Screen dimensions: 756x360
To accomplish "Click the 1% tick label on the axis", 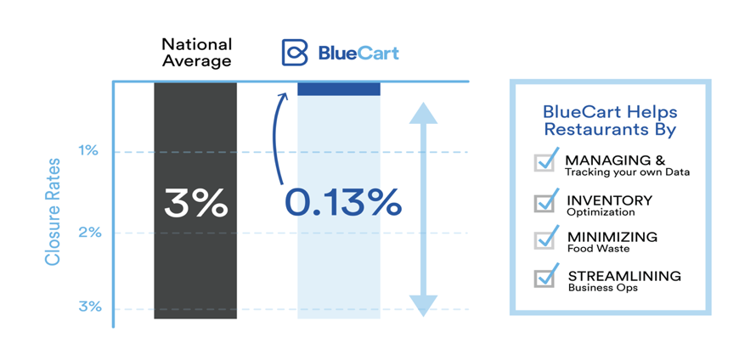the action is (88, 151).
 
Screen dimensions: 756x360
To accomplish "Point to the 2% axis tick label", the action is (90, 233).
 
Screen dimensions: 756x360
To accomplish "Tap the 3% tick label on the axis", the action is (90, 307).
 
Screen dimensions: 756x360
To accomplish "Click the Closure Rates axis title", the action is (53, 211).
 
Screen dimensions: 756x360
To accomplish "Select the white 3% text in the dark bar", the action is (195, 202).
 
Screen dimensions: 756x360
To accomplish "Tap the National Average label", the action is (197, 53).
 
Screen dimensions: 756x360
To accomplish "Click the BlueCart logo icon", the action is (295, 52).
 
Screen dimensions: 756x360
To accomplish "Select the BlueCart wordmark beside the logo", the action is (358, 53).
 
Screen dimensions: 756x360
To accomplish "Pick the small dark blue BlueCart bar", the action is (339, 89).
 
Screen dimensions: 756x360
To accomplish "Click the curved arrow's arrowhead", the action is (283, 97).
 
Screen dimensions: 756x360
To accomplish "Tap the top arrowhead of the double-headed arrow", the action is (423, 113).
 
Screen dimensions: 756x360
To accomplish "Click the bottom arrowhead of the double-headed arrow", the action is (423, 306).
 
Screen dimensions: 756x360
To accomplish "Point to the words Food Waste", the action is (591, 249).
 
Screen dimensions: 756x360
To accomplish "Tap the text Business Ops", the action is (596, 288).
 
